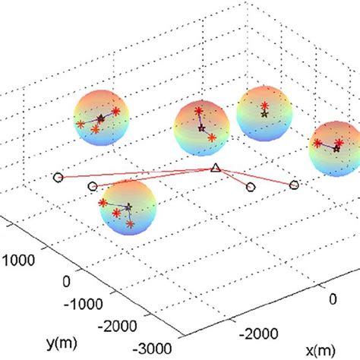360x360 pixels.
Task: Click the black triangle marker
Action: click(x=215, y=169)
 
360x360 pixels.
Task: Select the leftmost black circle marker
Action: click(x=58, y=178)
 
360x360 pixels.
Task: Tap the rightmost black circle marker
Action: click(x=295, y=184)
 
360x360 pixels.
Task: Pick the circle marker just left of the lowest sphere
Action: click(x=93, y=186)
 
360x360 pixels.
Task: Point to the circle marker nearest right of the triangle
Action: click(x=251, y=186)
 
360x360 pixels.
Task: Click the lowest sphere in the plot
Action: click(x=128, y=208)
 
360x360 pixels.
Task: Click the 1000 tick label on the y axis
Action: click(x=21, y=259)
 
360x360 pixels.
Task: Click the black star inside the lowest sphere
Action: click(x=128, y=206)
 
